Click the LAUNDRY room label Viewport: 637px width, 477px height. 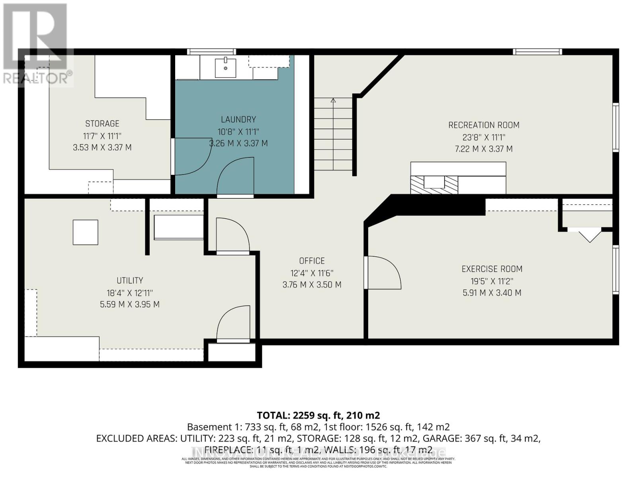tap(238, 119)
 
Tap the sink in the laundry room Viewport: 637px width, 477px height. tap(225, 68)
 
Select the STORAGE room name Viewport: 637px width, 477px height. tap(102, 124)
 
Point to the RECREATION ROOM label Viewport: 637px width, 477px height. tap(484, 125)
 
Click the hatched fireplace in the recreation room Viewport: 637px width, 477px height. tap(434, 185)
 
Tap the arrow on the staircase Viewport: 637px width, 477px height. tap(333, 101)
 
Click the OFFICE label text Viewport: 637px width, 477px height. tap(312, 261)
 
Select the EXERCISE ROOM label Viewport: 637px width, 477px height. tap(492, 269)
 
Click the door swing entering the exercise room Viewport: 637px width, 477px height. tap(382, 272)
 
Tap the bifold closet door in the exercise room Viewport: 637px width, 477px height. tap(589, 235)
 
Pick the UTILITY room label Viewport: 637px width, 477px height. tap(130, 281)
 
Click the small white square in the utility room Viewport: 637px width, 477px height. tap(85, 232)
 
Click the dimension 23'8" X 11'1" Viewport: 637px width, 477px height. tap(484, 137)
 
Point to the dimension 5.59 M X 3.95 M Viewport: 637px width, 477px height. tap(130, 304)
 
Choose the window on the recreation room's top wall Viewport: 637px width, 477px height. tap(537, 52)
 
